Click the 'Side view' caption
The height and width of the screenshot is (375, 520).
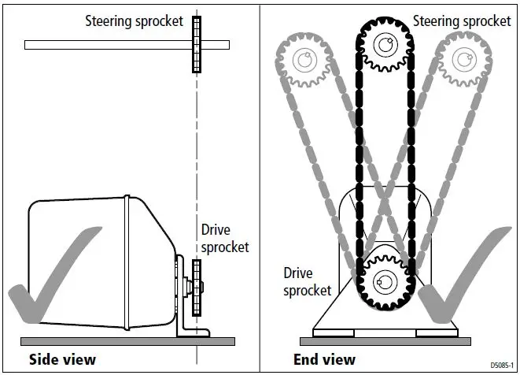coord(62,360)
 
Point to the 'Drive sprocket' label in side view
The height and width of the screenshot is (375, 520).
coord(225,239)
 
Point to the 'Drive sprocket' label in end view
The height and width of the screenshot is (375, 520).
coord(308,281)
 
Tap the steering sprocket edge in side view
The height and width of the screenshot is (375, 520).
coord(196,45)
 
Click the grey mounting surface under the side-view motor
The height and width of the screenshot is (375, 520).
coord(126,341)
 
